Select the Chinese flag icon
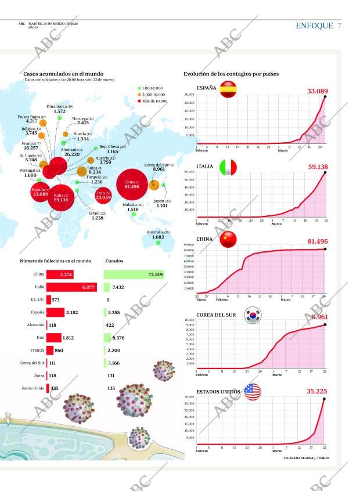click(x=228, y=239)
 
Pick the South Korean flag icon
click(x=253, y=315)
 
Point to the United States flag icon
click(x=253, y=392)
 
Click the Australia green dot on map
click(x=158, y=243)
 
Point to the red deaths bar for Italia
click(x=71, y=287)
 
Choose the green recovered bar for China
click(x=134, y=275)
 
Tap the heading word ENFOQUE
click(x=314, y=26)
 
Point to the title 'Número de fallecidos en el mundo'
click(x=55, y=261)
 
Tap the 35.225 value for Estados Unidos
click(x=317, y=392)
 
